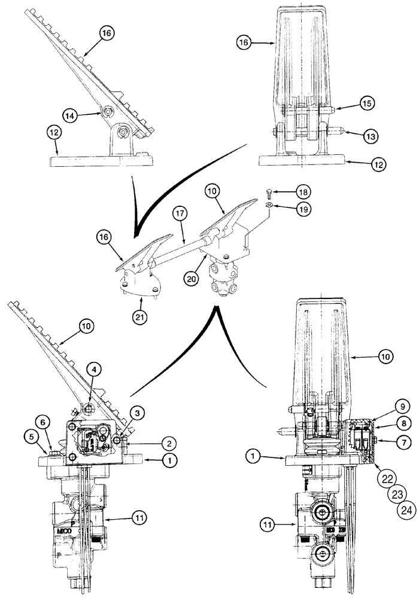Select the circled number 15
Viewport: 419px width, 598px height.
pos(368,103)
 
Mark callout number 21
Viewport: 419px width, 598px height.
pos(142,293)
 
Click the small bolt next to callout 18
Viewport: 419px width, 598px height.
pos(269,191)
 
